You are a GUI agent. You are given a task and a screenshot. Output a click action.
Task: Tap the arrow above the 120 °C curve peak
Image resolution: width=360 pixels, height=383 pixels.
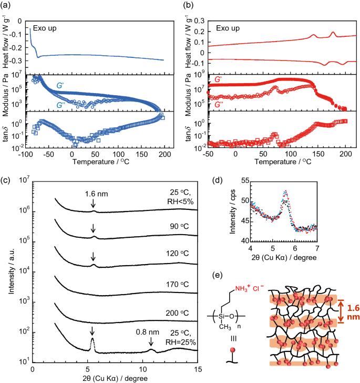coord(93,257)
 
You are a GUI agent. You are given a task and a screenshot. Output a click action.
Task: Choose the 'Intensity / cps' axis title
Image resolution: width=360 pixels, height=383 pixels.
coord(229,210)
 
